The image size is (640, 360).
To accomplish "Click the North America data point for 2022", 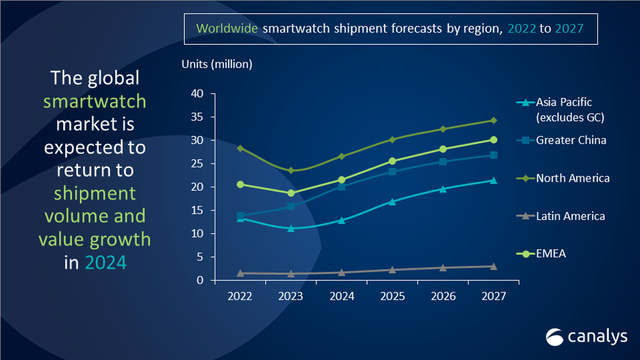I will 240,148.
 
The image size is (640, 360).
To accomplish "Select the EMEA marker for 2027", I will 494,139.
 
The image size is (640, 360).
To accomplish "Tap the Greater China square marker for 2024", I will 341,186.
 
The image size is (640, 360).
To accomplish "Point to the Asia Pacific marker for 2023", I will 291,228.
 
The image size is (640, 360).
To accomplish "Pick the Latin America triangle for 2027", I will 494,266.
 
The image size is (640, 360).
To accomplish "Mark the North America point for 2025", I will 392,139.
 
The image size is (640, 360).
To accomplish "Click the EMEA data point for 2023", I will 291,193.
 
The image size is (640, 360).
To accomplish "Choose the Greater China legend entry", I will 571,140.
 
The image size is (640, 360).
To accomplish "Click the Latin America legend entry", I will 570,216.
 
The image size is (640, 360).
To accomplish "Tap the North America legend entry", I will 572,178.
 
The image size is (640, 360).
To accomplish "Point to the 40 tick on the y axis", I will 198,94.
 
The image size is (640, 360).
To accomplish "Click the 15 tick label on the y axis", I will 198,211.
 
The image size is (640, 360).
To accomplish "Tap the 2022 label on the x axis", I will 240,297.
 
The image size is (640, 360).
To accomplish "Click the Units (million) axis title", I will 217,65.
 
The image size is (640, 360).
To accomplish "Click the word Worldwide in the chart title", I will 228,29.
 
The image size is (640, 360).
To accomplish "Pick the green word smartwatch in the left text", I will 95,101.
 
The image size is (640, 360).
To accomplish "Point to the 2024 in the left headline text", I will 105,262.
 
